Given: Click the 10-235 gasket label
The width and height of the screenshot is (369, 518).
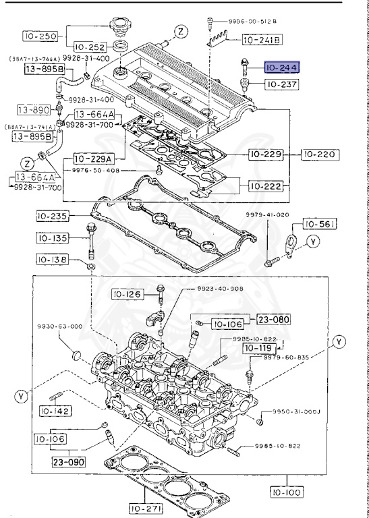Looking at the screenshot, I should point(56,217).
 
